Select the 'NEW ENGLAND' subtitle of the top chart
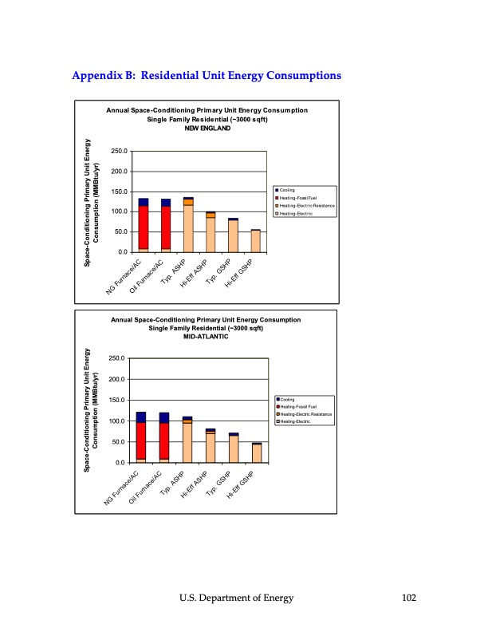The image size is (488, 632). point(206,128)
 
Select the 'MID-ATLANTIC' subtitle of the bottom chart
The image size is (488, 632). point(203,337)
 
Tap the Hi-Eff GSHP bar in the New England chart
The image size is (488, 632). point(255,241)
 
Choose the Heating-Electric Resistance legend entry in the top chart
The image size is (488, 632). point(305,206)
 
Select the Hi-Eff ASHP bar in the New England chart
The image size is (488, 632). point(211,231)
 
